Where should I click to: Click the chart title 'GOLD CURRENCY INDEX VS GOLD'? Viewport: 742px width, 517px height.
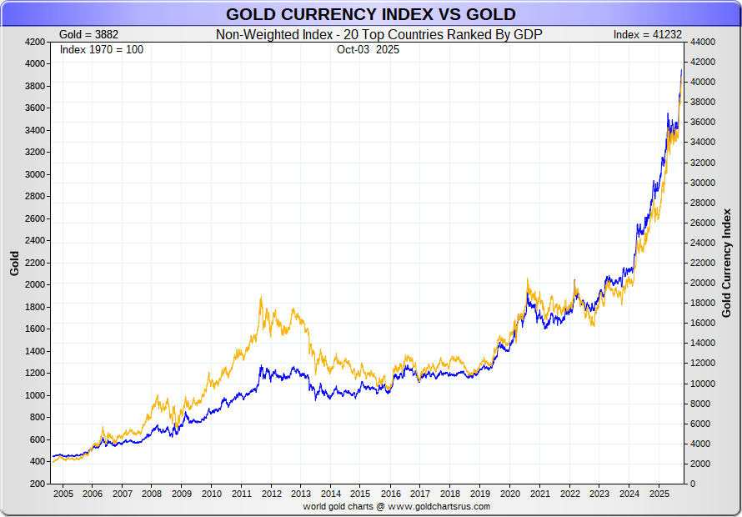coord(370,14)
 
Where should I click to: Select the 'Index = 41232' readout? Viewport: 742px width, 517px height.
coord(647,34)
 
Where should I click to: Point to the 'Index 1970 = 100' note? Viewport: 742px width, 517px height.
coord(102,49)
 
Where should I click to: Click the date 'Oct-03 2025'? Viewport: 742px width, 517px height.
coord(369,49)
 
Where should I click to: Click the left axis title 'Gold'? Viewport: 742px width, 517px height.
coord(14,264)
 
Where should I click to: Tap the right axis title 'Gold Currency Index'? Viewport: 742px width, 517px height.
coord(726,263)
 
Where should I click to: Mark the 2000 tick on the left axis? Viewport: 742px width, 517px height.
coord(35,284)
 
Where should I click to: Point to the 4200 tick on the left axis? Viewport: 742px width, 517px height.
coord(35,41)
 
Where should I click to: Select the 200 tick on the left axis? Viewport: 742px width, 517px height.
coord(38,484)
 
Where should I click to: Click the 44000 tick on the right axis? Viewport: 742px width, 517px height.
coord(704,41)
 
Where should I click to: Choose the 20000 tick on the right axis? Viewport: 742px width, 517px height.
coord(704,283)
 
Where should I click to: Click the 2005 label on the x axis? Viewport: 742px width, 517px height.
coord(63,494)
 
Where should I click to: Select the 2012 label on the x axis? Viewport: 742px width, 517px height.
coord(271,494)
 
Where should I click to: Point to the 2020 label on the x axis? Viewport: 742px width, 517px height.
coord(509,494)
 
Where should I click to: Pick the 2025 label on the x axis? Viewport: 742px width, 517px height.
coord(659,494)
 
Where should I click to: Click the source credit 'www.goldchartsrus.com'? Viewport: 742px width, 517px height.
coord(438,506)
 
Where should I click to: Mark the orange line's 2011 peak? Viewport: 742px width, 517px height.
coord(262,297)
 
